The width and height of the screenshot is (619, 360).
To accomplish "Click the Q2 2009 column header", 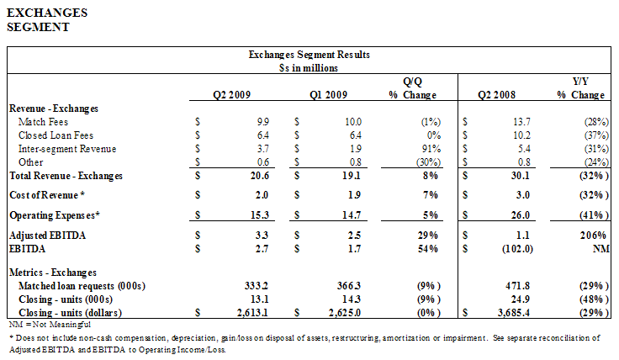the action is click(x=232, y=95).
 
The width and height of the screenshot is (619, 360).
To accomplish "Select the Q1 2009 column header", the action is click(x=329, y=95).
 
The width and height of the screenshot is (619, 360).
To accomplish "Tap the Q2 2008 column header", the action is click(x=496, y=95).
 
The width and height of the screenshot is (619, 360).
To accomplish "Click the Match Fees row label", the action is click(x=43, y=122).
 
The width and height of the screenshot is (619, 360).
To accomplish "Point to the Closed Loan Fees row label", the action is click(x=56, y=135).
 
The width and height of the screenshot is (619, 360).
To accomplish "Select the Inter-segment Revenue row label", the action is click(x=67, y=149).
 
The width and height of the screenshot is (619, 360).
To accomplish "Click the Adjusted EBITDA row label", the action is click(x=47, y=236).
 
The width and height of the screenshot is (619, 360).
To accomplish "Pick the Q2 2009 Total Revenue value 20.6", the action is click(x=260, y=176).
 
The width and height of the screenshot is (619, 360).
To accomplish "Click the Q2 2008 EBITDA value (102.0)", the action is click(x=517, y=249).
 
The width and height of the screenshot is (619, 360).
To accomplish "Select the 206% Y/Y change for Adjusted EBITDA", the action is click(x=593, y=236).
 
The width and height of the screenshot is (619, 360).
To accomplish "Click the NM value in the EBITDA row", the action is click(x=600, y=249).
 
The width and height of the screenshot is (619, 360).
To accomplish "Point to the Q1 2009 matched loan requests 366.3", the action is click(x=349, y=286).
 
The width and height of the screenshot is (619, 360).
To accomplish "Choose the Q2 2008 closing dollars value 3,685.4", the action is click(x=514, y=313).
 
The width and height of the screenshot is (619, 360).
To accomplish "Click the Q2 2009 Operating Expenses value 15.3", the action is click(x=260, y=215).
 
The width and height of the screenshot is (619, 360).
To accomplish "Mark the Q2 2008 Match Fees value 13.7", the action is click(x=522, y=122).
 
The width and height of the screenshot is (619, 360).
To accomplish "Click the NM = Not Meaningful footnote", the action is click(x=50, y=325).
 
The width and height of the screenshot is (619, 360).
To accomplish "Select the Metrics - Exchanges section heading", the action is click(x=53, y=273).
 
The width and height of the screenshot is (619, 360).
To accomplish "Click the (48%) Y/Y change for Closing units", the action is click(x=594, y=299).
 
